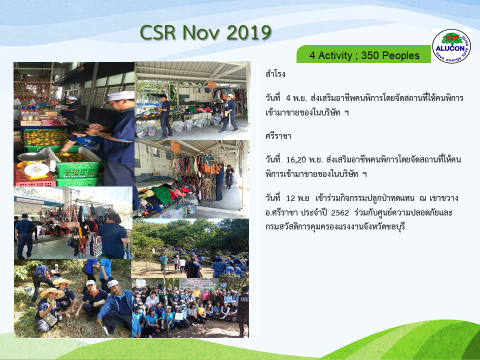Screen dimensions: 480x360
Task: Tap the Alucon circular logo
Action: click(451, 46)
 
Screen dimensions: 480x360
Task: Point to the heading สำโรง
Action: click(275, 74)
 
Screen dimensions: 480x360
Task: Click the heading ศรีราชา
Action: click(278, 136)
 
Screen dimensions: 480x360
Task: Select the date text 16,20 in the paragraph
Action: click(296, 160)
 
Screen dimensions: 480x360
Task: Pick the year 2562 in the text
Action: click(340, 212)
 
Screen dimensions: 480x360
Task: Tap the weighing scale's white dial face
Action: click(36, 169)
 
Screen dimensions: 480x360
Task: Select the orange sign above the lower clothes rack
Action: click(175, 146)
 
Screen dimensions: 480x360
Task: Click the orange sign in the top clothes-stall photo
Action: click(212, 85)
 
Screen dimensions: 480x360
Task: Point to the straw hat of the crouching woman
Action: click(52, 293)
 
